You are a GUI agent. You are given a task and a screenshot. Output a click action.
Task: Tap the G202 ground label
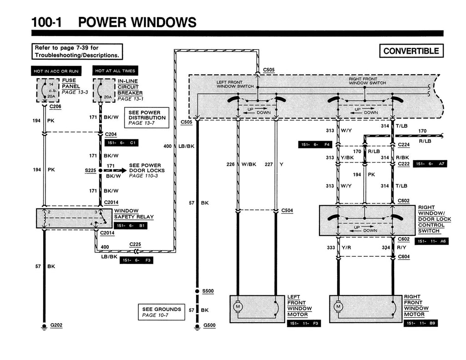[x=56, y=325]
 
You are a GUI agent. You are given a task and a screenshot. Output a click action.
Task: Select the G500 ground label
[x=209, y=325]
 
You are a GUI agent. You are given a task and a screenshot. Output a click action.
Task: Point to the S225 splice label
[x=91, y=170]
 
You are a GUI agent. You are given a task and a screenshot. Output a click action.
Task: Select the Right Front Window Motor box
[x=365, y=309]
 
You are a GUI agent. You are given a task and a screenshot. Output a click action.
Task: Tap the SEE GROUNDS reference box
[x=161, y=312]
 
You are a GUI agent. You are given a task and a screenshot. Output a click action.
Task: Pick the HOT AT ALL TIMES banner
[x=115, y=71]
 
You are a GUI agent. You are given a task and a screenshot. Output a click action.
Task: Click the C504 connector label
[x=287, y=210]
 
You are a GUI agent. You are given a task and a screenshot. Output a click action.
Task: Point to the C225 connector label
[x=135, y=244]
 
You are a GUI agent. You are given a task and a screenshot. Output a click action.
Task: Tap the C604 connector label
[x=404, y=257]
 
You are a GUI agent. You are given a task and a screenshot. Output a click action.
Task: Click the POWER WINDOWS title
[x=137, y=22]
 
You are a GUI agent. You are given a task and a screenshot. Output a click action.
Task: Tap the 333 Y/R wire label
[x=339, y=248]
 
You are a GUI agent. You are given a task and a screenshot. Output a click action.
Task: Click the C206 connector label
[x=55, y=106]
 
